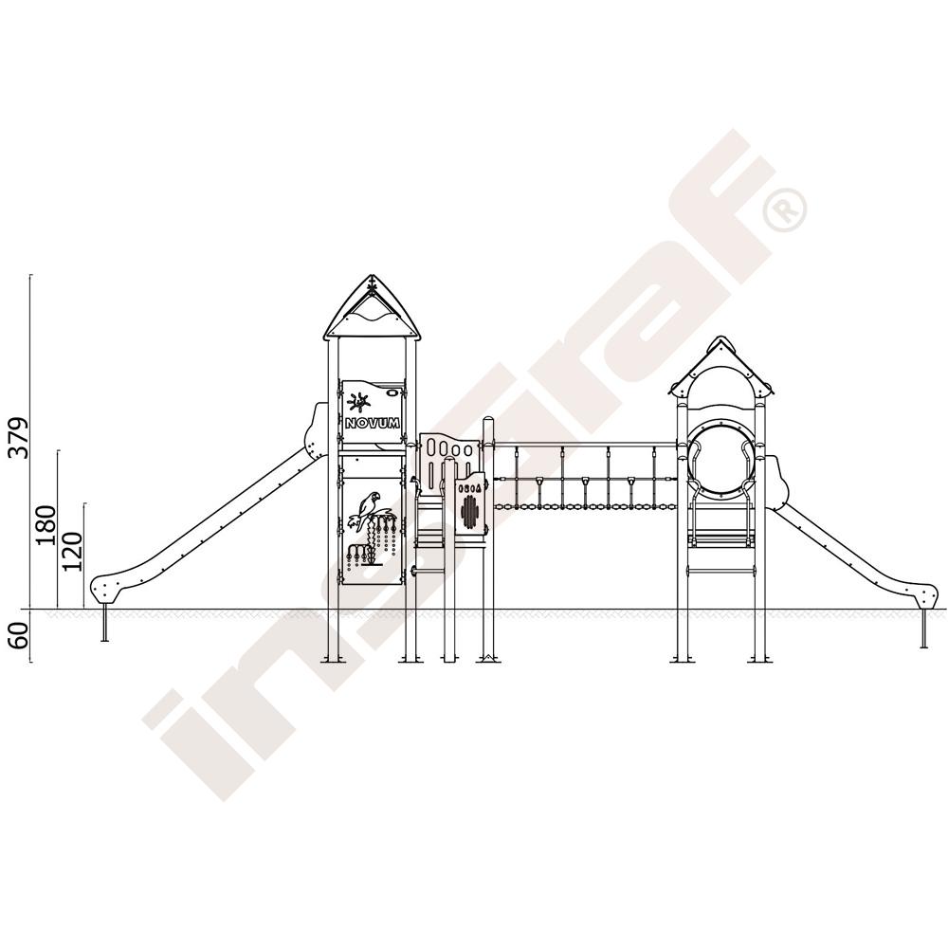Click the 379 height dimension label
tap(18, 438)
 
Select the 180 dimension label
tap(46, 525)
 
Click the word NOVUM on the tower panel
tap(372, 424)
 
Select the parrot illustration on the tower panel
tap(368, 509)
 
